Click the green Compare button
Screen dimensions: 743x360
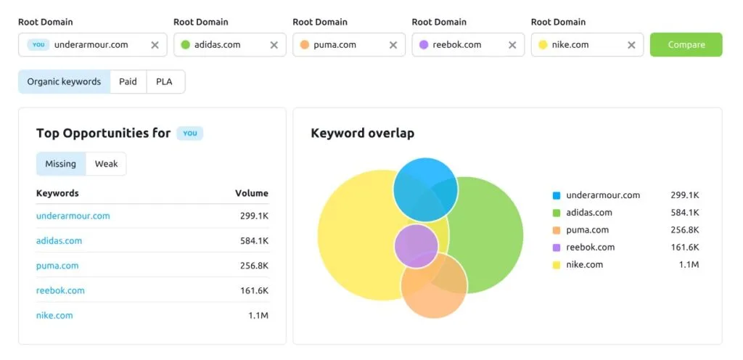click(686, 44)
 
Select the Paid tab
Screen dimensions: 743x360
click(128, 82)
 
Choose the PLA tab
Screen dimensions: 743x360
click(164, 82)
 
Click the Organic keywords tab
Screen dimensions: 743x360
click(64, 82)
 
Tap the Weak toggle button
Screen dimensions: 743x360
click(106, 164)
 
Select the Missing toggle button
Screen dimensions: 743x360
click(61, 164)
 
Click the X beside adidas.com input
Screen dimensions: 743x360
click(274, 45)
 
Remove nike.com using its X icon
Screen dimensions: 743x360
click(631, 45)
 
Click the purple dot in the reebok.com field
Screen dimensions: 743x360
click(424, 45)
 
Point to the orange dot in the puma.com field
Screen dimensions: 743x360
click(305, 45)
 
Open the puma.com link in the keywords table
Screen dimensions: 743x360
click(57, 265)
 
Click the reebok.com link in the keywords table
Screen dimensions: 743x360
click(60, 290)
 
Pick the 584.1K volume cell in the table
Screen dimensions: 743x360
click(254, 241)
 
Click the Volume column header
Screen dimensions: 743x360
click(252, 193)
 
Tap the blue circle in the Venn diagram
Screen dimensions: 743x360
click(425, 189)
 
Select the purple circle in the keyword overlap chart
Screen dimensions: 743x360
click(416, 246)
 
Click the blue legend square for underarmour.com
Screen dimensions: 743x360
click(557, 195)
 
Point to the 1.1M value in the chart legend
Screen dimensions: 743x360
click(689, 264)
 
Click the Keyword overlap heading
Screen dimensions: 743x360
click(363, 133)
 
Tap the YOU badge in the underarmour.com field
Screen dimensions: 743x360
click(38, 44)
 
